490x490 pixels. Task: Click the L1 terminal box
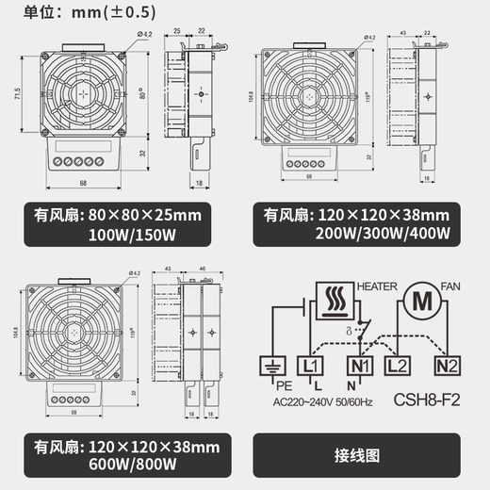[308, 362]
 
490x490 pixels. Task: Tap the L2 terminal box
[398, 362]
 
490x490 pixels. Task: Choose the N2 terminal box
[445, 362]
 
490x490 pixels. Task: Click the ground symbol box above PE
[273, 362]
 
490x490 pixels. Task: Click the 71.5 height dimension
[18, 96]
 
